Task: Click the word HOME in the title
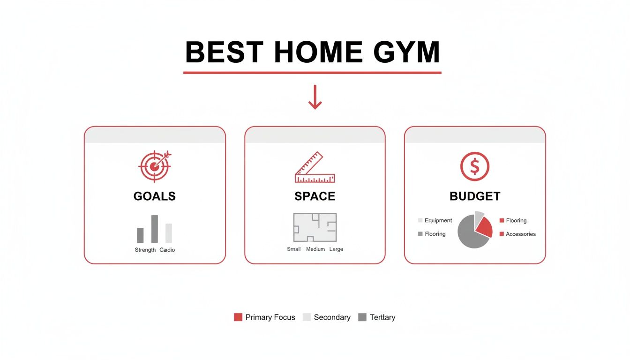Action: point(318,52)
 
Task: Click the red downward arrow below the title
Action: point(315,97)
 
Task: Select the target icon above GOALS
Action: point(154,165)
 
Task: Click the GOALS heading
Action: point(154,196)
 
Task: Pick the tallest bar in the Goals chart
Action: point(154,229)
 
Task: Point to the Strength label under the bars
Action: point(145,250)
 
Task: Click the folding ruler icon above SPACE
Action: point(315,168)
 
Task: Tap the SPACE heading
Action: point(315,196)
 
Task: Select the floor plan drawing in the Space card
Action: point(315,227)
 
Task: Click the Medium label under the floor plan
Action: point(315,249)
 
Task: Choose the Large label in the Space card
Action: point(336,249)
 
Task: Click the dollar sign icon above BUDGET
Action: point(475,166)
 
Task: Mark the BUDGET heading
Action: point(475,196)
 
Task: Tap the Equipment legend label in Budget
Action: point(438,220)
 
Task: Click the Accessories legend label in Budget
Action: point(520,234)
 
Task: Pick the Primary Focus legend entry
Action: point(265,317)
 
